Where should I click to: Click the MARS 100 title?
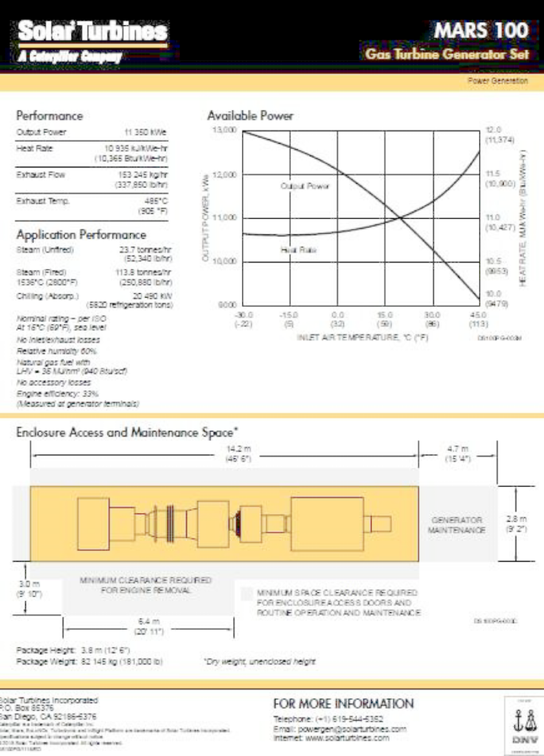pyautogui.click(x=481, y=31)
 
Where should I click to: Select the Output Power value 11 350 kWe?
pyautogui.click(x=145, y=132)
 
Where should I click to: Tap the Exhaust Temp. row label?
pyautogui.click(x=42, y=201)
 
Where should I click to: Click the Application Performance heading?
pyautogui.click(x=81, y=235)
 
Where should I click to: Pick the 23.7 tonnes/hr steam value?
pyautogui.click(x=145, y=250)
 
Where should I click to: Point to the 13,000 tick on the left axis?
pyautogui.click(x=224, y=130)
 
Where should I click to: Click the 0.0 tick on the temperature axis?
pyautogui.click(x=338, y=315)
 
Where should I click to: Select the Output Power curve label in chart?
pyautogui.click(x=304, y=186)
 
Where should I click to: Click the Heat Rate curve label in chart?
pyautogui.click(x=298, y=250)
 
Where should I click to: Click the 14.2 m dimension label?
pyautogui.click(x=238, y=449)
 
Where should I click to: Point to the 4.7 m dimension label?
pyautogui.click(x=458, y=449)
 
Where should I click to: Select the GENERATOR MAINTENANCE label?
pyautogui.click(x=457, y=525)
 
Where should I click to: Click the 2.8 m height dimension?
pyautogui.click(x=516, y=519)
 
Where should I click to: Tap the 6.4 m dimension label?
pyautogui.click(x=149, y=622)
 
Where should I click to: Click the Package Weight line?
pyautogui.click(x=89, y=661)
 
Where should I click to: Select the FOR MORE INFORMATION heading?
pyautogui.click(x=343, y=704)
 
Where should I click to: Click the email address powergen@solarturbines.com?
pyautogui.click(x=352, y=729)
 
